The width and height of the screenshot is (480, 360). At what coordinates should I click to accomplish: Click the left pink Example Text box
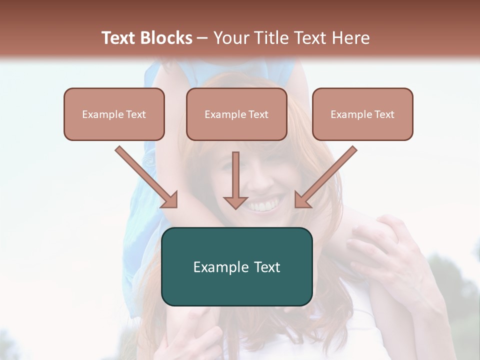tap(114, 114)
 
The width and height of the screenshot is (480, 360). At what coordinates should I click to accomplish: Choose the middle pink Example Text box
tap(236, 114)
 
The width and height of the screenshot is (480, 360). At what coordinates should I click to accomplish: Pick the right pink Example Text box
tap(362, 114)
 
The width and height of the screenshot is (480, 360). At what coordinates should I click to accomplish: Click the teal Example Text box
tap(236, 266)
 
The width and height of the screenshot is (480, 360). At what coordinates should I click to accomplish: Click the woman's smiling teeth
tap(263, 204)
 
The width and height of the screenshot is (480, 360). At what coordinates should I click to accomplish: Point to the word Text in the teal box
tap(265, 267)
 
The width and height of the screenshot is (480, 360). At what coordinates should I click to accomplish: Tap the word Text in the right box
tap(384, 114)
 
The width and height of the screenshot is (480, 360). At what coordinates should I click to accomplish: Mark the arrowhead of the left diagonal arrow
tap(170, 200)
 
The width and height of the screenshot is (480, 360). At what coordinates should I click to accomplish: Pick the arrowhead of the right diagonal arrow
tap(302, 200)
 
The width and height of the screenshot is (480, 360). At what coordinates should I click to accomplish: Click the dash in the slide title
tap(202, 38)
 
